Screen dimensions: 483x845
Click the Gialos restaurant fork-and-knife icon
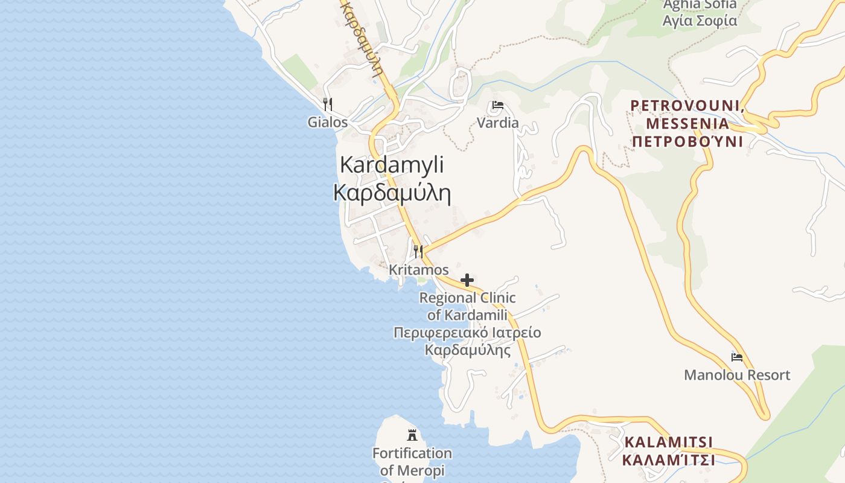point(327,104)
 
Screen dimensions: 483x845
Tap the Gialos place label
point(328,122)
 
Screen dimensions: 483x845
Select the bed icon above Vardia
point(497,105)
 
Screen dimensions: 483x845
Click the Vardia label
point(497,123)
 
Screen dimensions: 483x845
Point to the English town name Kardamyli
point(392,164)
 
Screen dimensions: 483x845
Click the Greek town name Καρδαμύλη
point(392,193)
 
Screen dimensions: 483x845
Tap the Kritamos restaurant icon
point(418,251)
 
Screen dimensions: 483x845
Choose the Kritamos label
point(418,269)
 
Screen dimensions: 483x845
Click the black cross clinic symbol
point(467,280)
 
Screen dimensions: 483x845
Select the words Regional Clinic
point(467,298)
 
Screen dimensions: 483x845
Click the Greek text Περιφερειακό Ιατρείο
point(467,333)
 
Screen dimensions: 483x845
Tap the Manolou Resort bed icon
point(736,357)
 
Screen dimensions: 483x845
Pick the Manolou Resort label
point(736,375)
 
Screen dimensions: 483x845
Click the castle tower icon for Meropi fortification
point(412,434)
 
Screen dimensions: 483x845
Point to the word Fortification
point(412,453)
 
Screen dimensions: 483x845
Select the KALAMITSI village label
point(668,442)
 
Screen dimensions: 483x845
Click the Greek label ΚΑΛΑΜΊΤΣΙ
point(668,460)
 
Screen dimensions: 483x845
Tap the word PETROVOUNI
point(685,106)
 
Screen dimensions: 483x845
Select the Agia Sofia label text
point(700,21)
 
